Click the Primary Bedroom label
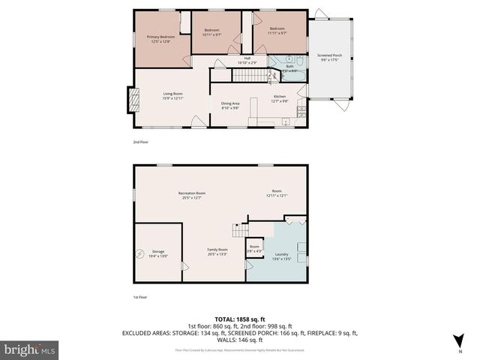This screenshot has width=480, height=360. tap(160, 37)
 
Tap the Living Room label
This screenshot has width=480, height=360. tap(173, 94)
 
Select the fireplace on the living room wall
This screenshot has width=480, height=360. tap(132, 99)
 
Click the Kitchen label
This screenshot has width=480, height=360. tap(279, 97)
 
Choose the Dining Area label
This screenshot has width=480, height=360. tap(229, 103)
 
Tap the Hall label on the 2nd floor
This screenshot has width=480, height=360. tap(247, 58)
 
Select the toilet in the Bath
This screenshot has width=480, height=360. tap(297, 61)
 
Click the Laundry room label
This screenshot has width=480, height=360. tap(281, 254)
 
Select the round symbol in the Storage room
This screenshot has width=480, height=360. tap(139, 253)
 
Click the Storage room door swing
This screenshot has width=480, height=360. tap(185, 266)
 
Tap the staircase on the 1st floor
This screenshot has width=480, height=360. tap(239, 229)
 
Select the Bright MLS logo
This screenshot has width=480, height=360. tap(30, 349)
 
